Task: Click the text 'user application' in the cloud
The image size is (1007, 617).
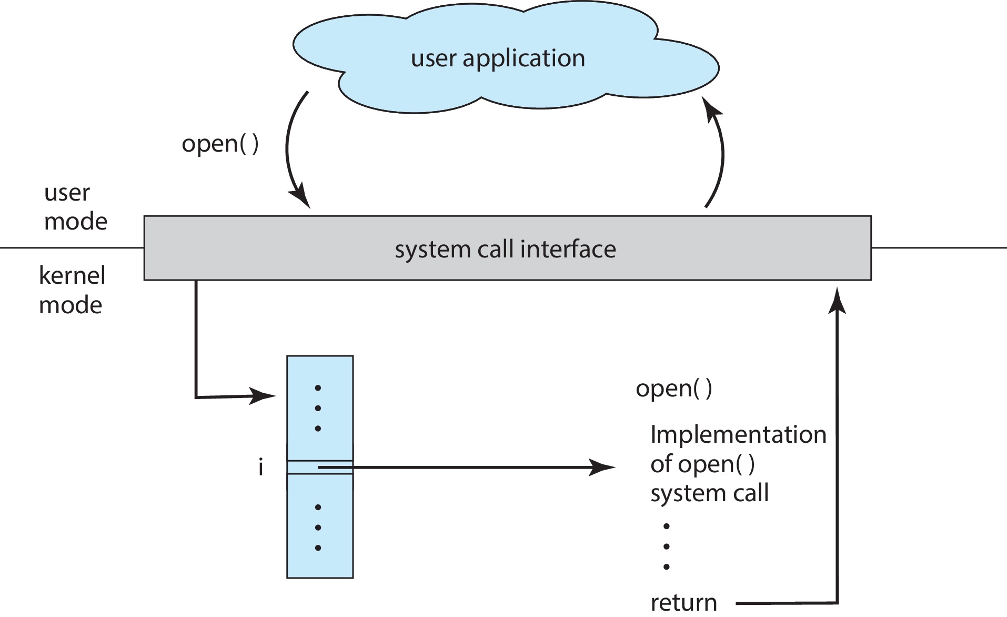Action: [498, 58]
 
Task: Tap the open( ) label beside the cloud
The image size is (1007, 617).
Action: [220, 143]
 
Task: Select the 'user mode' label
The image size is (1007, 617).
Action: [75, 207]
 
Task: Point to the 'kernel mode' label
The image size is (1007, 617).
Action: [72, 290]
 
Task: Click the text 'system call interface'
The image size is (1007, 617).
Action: [505, 249]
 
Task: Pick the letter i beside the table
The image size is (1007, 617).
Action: [260, 467]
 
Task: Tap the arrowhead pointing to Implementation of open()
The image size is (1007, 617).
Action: [602, 467]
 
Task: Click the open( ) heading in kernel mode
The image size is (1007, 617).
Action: [673, 389]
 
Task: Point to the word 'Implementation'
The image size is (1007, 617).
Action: [738, 435]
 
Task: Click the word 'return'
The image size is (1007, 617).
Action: [683, 602]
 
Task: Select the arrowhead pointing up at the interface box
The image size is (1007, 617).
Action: [837, 301]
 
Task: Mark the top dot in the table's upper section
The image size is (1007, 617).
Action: [318, 388]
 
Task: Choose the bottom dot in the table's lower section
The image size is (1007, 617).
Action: [318, 548]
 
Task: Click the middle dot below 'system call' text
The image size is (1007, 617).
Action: [667, 546]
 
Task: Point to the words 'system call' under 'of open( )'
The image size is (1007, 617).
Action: [709, 493]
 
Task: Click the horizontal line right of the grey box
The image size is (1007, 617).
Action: [939, 247]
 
